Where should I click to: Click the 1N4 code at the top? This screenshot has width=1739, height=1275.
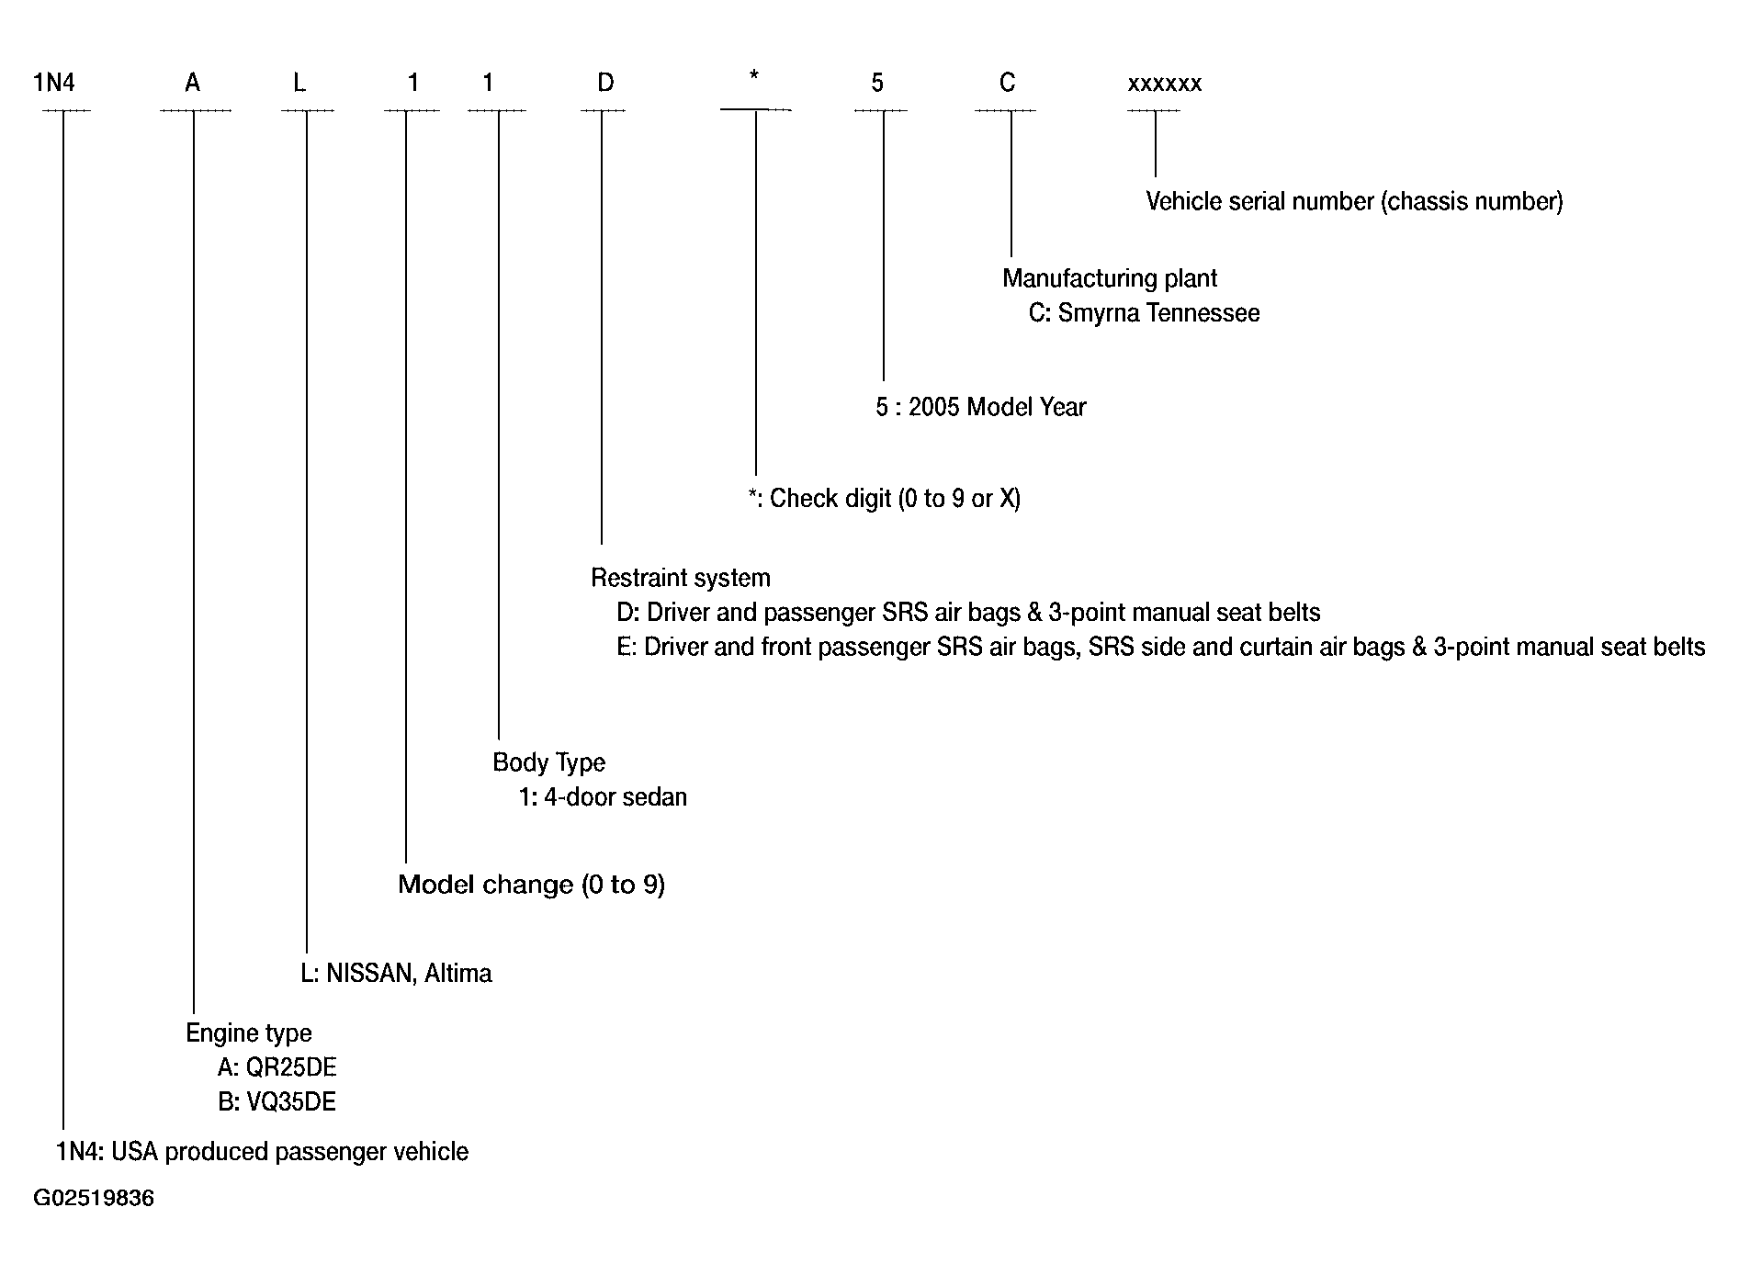(x=54, y=84)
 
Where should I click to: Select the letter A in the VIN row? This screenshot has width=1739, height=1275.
(x=192, y=84)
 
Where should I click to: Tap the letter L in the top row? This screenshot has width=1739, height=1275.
(x=299, y=84)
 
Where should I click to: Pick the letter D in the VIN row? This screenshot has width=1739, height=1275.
(x=605, y=84)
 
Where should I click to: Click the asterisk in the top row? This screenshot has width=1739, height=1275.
(x=754, y=74)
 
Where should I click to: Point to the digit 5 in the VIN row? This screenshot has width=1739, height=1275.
(x=877, y=84)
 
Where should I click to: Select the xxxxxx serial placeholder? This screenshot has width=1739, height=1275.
(x=1165, y=85)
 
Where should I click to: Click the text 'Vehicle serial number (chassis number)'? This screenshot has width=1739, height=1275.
(x=1354, y=201)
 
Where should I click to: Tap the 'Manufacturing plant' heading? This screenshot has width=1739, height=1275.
(x=1110, y=278)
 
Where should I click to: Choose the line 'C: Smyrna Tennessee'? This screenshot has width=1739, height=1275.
(x=1144, y=313)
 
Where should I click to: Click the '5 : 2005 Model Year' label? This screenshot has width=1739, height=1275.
(x=980, y=407)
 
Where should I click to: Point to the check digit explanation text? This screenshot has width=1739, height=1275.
(x=884, y=499)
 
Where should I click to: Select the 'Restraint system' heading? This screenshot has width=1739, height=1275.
(x=681, y=578)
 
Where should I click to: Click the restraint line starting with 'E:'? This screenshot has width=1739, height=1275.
(x=1161, y=648)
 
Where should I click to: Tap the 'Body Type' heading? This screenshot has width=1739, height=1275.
(x=549, y=762)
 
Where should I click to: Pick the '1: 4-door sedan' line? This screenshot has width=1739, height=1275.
(x=603, y=796)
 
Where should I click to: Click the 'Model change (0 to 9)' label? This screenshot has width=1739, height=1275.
(x=531, y=885)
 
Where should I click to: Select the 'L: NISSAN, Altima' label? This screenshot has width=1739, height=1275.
(x=396, y=974)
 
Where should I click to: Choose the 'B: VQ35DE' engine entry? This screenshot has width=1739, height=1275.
(x=277, y=1101)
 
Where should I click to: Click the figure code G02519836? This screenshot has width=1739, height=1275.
(x=94, y=1199)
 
